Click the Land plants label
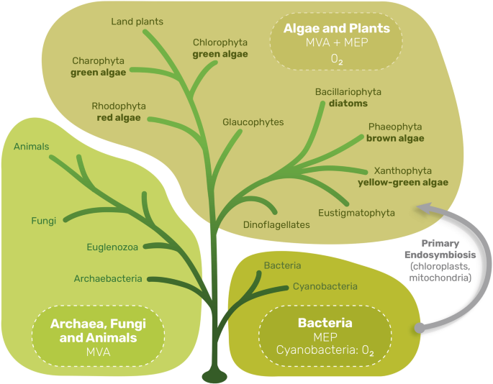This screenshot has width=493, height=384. point(137,22)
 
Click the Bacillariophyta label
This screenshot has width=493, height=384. point(348,91)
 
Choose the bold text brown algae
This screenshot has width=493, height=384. point(395,137)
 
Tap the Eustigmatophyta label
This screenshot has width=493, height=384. point(356,213)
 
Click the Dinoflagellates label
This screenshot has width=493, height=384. point(276,224)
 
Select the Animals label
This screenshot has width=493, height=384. point(31,147)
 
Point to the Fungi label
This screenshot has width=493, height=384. point(43,221)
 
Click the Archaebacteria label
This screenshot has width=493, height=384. point(107,278)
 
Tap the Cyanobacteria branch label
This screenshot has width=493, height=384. point(325,286)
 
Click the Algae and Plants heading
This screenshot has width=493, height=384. point(338,29)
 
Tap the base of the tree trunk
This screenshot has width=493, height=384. point(215,375)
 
